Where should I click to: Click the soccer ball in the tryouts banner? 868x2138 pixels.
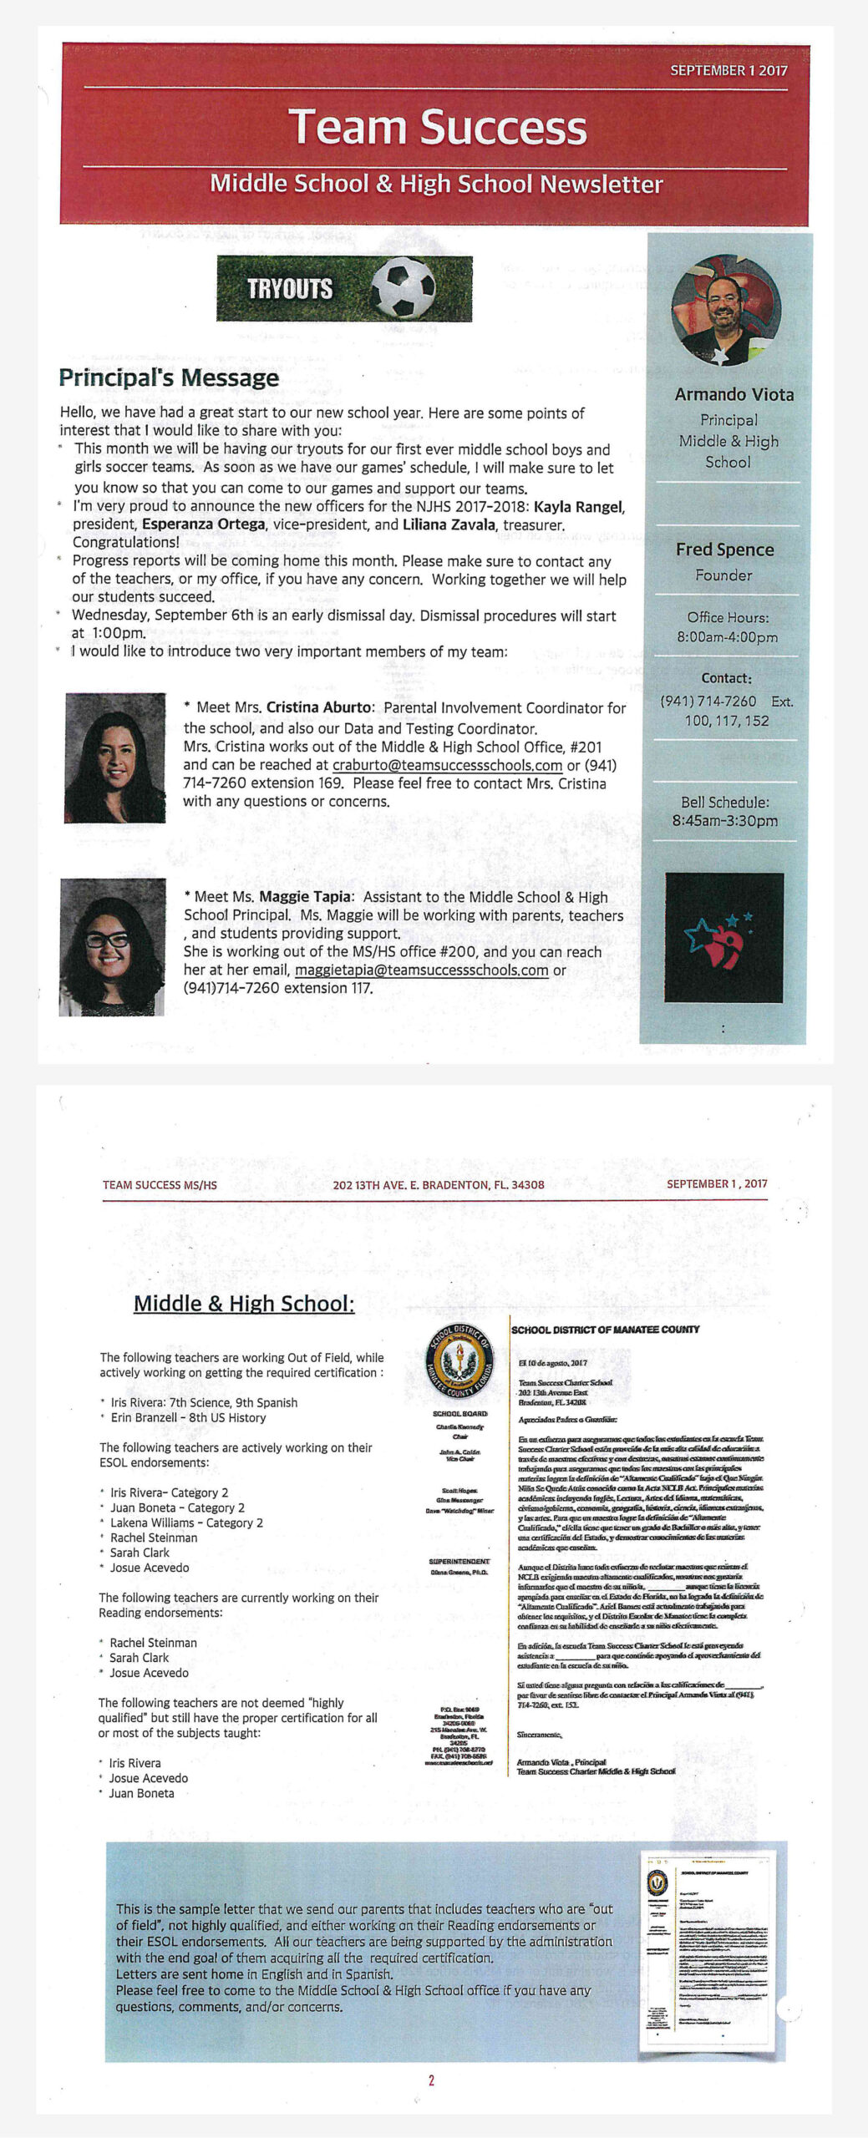[x=404, y=288]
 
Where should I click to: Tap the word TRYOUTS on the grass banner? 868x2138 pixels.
[x=289, y=289]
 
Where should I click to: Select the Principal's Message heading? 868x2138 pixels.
[x=169, y=377]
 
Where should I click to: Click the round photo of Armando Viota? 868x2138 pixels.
[x=725, y=310]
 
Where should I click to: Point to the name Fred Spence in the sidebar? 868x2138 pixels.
[x=724, y=550]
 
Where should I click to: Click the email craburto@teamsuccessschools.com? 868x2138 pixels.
[x=447, y=765]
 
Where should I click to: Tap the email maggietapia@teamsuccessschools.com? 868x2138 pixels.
[x=422, y=970]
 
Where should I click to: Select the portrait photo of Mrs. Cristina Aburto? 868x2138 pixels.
[x=115, y=757]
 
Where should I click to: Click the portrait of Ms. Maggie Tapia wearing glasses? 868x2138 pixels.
[x=112, y=946]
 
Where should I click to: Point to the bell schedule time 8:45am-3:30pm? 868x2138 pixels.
[x=724, y=821]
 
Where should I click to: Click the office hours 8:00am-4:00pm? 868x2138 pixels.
[x=727, y=637]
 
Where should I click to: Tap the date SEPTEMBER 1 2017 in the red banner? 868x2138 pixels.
[x=728, y=71]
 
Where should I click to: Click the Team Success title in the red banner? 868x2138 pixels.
[x=437, y=127]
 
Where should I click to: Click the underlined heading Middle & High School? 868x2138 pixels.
[x=244, y=1304]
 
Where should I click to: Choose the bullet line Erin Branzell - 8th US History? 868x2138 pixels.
[x=188, y=1417]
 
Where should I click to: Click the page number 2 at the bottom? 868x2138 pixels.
[x=431, y=2080]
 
